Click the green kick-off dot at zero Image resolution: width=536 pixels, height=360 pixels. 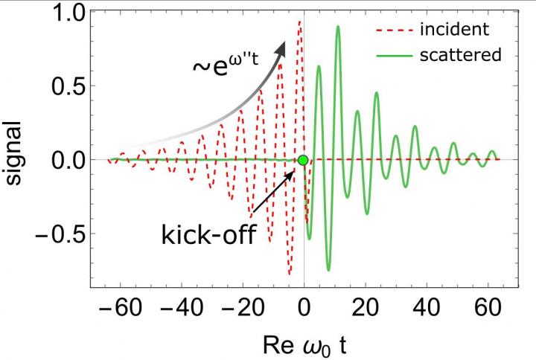pos(303,160)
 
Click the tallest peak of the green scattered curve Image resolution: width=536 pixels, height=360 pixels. pos(338,27)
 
